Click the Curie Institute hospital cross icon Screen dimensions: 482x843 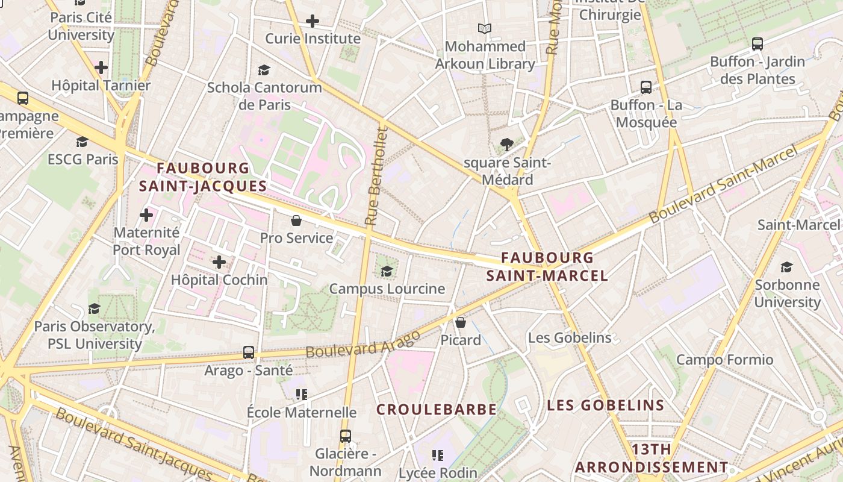[x=312, y=21]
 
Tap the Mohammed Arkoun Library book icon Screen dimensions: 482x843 [x=485, y=28]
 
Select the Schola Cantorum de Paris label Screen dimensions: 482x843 [x=264, y=96]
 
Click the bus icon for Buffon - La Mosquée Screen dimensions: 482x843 [x=646, y=87]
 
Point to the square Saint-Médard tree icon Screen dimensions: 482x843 [x=507, y=144]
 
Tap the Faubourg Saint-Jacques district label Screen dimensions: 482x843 [x=202, y=177]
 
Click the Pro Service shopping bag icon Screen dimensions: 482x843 [x=296, y=221]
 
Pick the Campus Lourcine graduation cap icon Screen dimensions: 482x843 [x=387, y=271]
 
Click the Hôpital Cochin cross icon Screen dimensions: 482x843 [x=219, y=262]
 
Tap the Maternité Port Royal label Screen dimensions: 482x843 [x=146, y=241]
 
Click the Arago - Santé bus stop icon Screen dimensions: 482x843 [x=249, y=352]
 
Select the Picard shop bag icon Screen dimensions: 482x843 [x=461, y=322]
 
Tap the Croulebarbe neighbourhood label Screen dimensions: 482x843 [x=437, y=410]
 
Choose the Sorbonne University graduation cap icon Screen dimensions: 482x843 [x=786, y=267]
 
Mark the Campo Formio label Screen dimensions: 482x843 [x=724, y=360]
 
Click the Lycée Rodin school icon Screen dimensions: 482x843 [x=438, y=455]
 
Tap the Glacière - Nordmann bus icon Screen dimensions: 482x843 [x=345, y=436]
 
